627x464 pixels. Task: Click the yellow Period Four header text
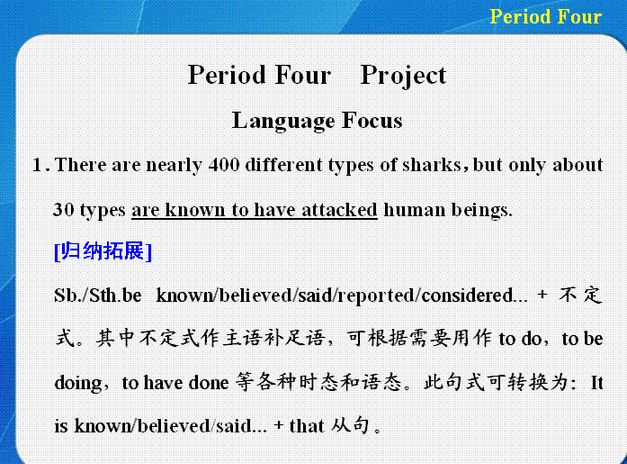545,17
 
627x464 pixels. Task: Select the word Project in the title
403,76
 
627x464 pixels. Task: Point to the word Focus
372,121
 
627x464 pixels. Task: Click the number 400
224,165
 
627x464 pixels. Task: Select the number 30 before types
64,209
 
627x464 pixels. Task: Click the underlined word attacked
339,210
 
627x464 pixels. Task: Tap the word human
415,210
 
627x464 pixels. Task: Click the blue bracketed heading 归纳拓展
103,251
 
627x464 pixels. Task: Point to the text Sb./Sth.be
97,296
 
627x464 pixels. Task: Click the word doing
78,384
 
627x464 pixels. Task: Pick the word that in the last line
307,425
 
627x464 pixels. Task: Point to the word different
284,165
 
